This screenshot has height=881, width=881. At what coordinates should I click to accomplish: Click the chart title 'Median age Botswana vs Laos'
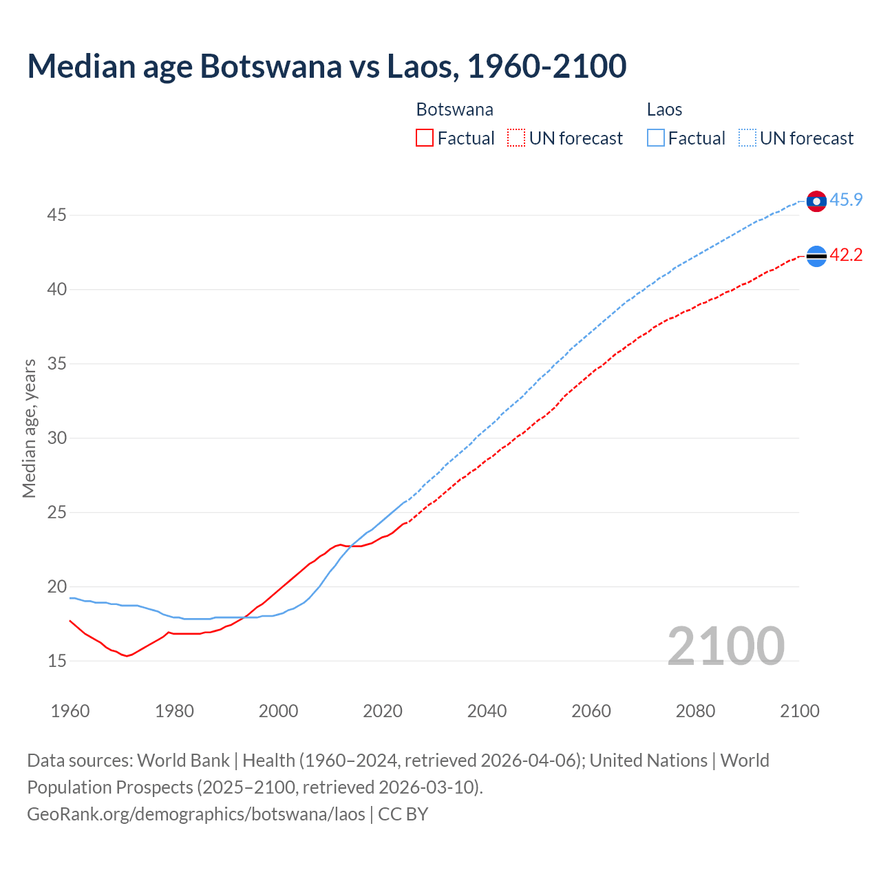326,66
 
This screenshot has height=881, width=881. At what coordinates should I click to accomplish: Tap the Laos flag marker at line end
816,201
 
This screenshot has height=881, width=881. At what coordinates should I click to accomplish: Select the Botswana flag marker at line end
816,255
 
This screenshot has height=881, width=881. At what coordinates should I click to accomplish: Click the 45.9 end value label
846,200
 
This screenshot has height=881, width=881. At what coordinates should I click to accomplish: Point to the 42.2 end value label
846,255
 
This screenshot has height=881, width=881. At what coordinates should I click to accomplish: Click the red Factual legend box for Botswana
425,138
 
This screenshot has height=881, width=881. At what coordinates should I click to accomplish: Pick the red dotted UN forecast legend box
516,138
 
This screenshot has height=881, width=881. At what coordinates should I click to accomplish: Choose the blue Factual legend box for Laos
656,138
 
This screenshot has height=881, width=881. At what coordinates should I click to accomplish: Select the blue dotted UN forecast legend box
747,138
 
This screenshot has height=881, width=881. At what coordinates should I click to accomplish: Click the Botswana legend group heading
454,109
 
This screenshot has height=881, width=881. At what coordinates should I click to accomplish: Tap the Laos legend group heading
664,109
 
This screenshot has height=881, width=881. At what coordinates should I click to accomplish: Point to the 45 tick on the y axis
56,215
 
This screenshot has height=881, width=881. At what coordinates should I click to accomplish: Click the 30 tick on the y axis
56,438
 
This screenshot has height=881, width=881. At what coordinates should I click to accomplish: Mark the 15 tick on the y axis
56,661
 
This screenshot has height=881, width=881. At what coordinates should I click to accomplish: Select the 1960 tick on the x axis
70,711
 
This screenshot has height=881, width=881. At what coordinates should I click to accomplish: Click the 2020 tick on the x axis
383,711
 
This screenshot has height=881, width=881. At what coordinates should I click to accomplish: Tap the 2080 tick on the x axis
695,711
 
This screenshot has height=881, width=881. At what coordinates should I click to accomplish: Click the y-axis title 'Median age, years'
29,428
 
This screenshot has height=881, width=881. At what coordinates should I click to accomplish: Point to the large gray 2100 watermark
725,646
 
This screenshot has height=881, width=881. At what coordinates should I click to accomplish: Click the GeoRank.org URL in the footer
196,814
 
